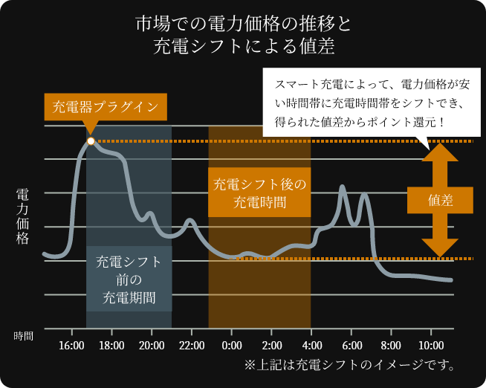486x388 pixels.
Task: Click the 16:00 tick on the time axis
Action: (x=71, y=346)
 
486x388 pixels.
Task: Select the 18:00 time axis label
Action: (x=111, y=346)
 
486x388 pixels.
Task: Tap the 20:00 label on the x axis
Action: (x=152, y=346)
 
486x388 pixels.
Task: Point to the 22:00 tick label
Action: (x=192, y=346)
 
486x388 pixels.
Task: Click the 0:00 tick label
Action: (x=232, y=346)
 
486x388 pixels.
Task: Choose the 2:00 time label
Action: (x=272, y=346)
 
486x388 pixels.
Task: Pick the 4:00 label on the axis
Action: (x=312, y=346)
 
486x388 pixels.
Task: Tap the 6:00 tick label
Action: (x=352, y=346)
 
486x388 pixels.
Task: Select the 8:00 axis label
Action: (x=392, y=346)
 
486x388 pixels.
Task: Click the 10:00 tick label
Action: (x=432, y=346)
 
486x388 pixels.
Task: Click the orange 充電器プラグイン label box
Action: (x=106, y=106)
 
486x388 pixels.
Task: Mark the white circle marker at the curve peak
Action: (x=91, y=140)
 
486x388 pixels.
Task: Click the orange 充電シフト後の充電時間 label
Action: (x=259, y=193)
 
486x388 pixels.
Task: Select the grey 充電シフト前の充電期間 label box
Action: (x=129, y=279)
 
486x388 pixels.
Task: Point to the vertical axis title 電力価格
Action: (x=22, y=216)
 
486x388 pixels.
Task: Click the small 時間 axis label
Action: (x=23, y=336)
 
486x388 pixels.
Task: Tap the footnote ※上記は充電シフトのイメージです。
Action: (x=349, y=365)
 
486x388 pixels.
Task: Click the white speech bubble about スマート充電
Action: (x=372, y=101)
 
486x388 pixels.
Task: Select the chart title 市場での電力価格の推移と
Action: (x=243, y=23)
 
